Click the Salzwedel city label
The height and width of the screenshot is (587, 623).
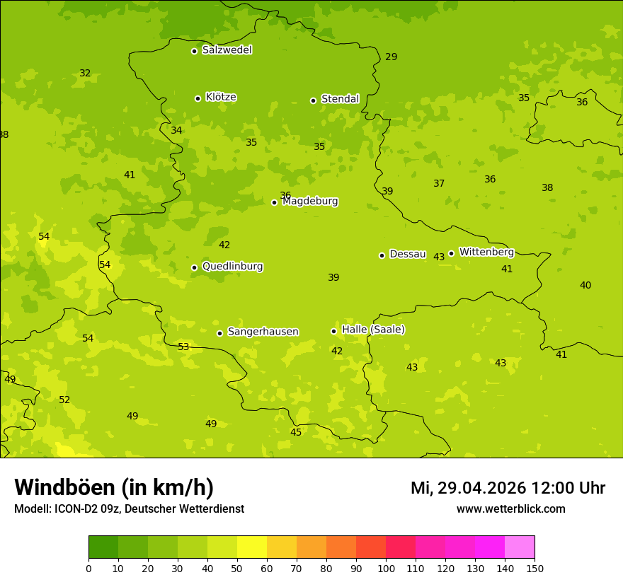point(227,50)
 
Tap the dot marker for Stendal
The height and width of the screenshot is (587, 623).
point(313,100)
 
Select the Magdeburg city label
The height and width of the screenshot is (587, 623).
point(310,202)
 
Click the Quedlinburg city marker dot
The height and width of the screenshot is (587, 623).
point(194,267)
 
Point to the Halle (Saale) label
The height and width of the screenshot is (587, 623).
point(373,330)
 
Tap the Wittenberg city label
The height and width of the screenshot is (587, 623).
point(486,252)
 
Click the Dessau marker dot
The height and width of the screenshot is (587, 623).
point(382,255)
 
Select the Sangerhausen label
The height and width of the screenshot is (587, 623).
point(263,332)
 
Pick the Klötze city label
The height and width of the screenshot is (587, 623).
point(221,97)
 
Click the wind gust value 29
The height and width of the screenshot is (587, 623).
point(391,57)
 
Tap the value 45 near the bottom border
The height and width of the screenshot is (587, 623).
point(296,432)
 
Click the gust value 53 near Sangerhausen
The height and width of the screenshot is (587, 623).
point(183,347)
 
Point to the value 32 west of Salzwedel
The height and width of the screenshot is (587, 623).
point(85,73)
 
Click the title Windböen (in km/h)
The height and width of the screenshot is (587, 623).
point(114,487)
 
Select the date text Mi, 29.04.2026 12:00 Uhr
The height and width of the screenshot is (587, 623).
point(508,488)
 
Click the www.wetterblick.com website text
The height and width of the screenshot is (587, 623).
point(510,508)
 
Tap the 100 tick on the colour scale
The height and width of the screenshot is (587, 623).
point(386,568)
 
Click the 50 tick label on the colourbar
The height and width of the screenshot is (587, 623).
point(237,568)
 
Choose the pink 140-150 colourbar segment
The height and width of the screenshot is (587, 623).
point(520,547)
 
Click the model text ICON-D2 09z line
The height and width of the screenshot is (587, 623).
point(129,508)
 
